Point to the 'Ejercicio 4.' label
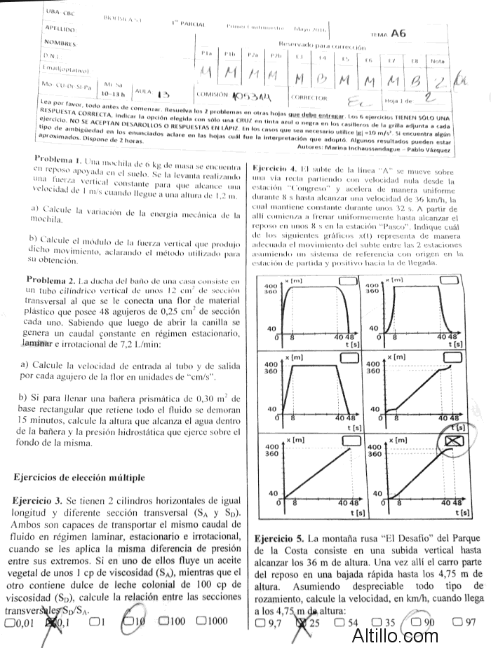coord(276,169)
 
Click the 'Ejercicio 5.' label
coord(278,538)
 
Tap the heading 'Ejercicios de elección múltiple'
coord(79,477)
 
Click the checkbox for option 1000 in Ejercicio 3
coord(202,621)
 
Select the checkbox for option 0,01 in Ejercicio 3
coord(9,621)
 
